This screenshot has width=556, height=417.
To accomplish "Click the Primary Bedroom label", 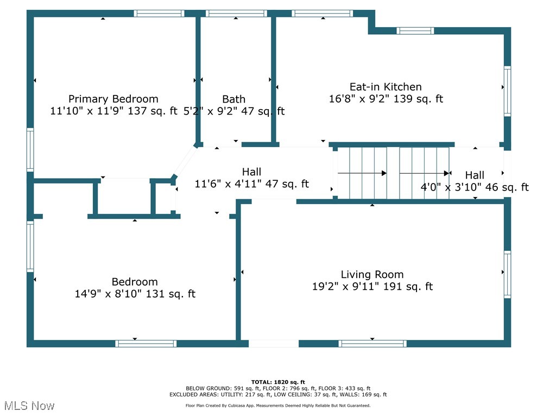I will (113, 99).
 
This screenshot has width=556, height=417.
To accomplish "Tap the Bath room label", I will (233, 99).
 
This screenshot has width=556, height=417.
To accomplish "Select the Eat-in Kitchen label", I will (386, 87).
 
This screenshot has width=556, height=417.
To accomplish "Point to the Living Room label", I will (372, 275).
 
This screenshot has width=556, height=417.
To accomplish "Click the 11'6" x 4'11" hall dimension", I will (228, 184).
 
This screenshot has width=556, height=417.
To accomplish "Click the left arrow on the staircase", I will (362, 173).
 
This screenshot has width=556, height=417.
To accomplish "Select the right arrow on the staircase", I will (425, 173).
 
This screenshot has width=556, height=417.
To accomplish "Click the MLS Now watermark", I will (29, 406).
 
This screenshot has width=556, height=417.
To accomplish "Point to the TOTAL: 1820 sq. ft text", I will (278, 382).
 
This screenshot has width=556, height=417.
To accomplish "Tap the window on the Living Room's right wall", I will (507, 274).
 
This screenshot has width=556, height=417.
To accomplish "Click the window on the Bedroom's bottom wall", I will (146, 343).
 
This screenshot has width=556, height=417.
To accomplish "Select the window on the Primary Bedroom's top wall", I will (159, 14).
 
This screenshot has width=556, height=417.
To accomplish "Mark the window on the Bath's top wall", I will (236, 14).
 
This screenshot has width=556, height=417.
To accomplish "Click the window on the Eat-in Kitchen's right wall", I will (507, 91).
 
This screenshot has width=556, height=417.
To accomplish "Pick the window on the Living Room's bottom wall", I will (372, 343).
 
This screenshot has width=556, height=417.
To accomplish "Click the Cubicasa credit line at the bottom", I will (278, 405).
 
